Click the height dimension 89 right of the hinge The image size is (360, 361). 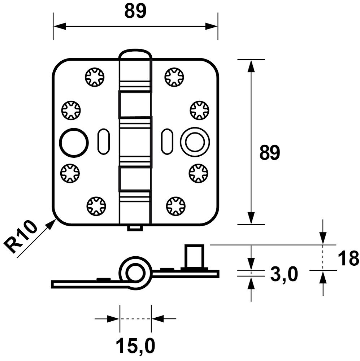coord(269,152)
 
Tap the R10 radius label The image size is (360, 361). coord(21,237)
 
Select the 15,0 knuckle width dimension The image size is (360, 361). coord(135,345)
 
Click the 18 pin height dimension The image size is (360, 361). coord(348,258)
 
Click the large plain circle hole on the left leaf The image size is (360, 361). coord(74,143)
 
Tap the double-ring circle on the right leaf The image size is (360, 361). coord(195,142)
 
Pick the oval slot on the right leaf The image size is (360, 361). coord(167,141)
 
